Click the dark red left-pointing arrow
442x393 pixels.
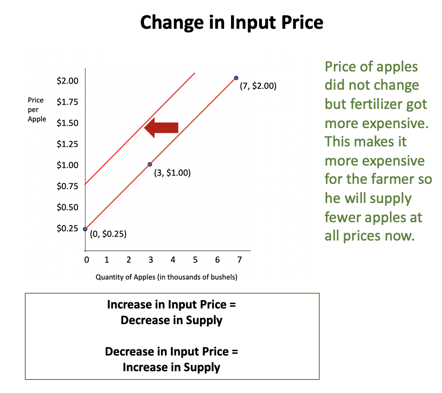161,128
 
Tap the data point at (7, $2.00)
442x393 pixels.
236,78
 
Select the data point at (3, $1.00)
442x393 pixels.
150,164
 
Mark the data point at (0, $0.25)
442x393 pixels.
85,229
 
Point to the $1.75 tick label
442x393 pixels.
67,102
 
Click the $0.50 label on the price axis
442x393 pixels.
67,207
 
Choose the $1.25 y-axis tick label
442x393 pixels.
67,144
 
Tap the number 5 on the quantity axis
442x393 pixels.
195,260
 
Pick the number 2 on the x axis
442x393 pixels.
128,260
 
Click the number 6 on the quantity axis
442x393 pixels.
218,260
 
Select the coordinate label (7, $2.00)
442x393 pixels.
258,86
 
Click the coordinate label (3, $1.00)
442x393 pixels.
172,173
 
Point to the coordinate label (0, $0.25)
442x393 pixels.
108,234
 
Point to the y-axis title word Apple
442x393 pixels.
37,119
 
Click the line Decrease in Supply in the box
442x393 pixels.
171,320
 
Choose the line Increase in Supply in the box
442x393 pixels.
171,367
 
